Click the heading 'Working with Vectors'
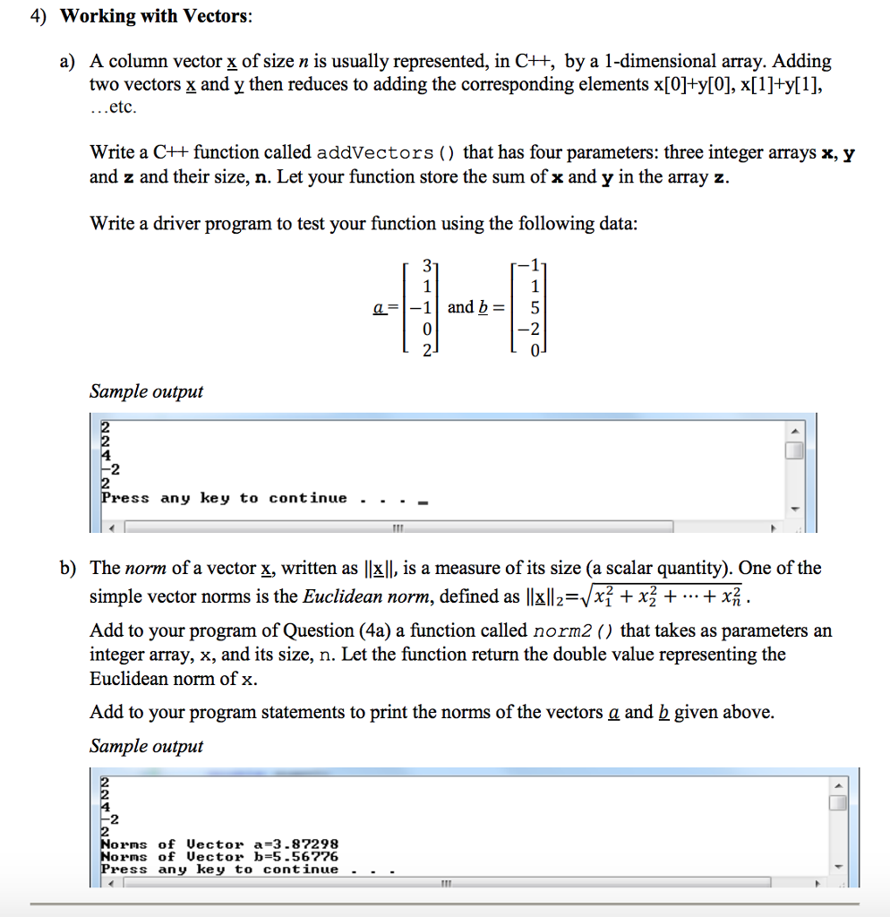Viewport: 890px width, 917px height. tap(156, 16)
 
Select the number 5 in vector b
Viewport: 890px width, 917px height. tap(535, 307)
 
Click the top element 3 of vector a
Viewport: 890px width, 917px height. tap(427, 267)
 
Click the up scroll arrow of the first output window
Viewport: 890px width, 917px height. tap(793, 431)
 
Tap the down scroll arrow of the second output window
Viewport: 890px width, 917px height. tap(838, 867)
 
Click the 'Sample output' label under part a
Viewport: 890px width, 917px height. tap(146, 391)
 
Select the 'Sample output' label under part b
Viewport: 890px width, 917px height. tap(146, 746)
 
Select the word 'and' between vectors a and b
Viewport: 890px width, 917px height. tap(460, 307)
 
